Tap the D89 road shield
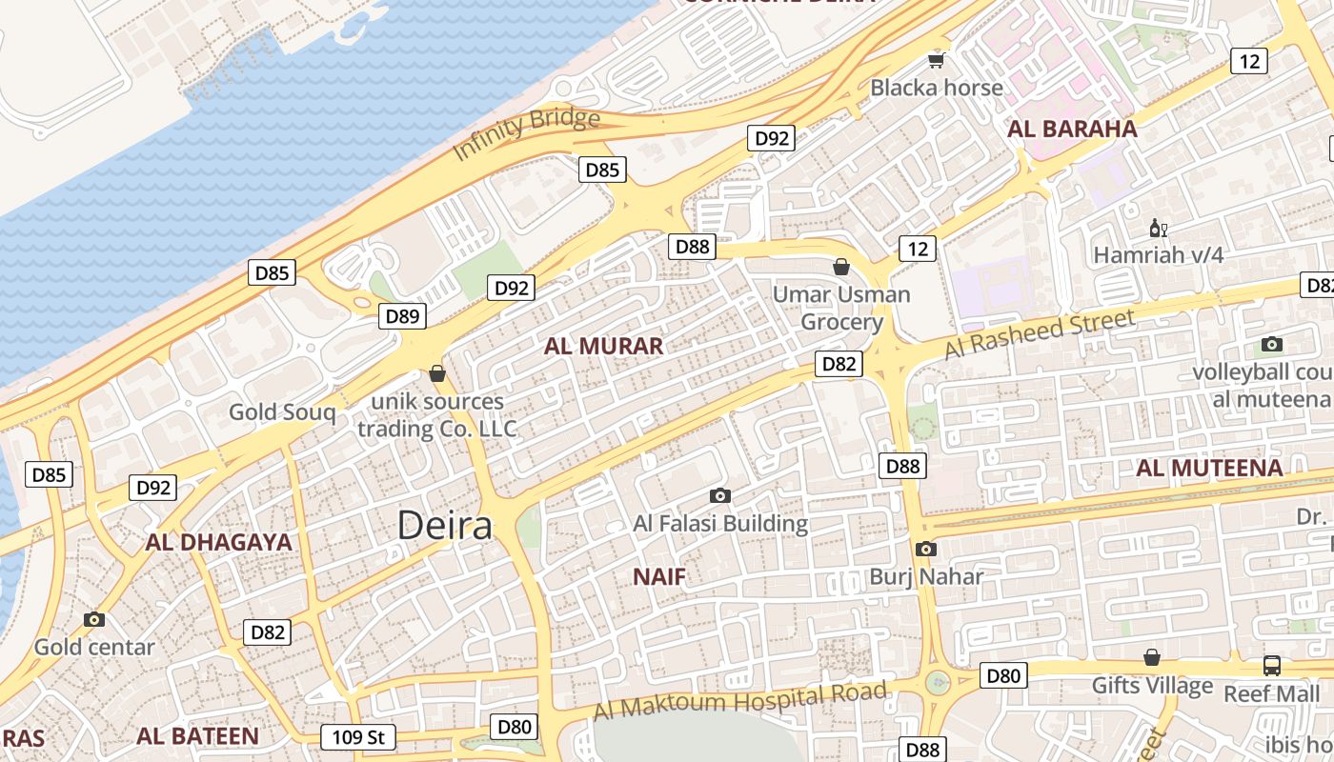pos(402,316)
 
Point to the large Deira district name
pos(444,526)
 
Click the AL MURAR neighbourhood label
pos(603,346)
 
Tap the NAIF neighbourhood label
pos(659,576)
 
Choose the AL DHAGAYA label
pos(218,542)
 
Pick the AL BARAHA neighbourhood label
pos(1073,129)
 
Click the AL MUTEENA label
pos(1209,468)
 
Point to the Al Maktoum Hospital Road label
pos(740,702)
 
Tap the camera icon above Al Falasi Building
pos(720,495)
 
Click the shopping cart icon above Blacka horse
pos(937,61)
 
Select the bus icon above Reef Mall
pos(1272,665)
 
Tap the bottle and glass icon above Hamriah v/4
pos(1159,229)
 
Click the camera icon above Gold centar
pos(93,619)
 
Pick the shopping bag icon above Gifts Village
pos(1152,657)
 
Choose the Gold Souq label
pos(282,412)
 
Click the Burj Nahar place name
pos(926,576)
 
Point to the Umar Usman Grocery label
pos(841,308)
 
